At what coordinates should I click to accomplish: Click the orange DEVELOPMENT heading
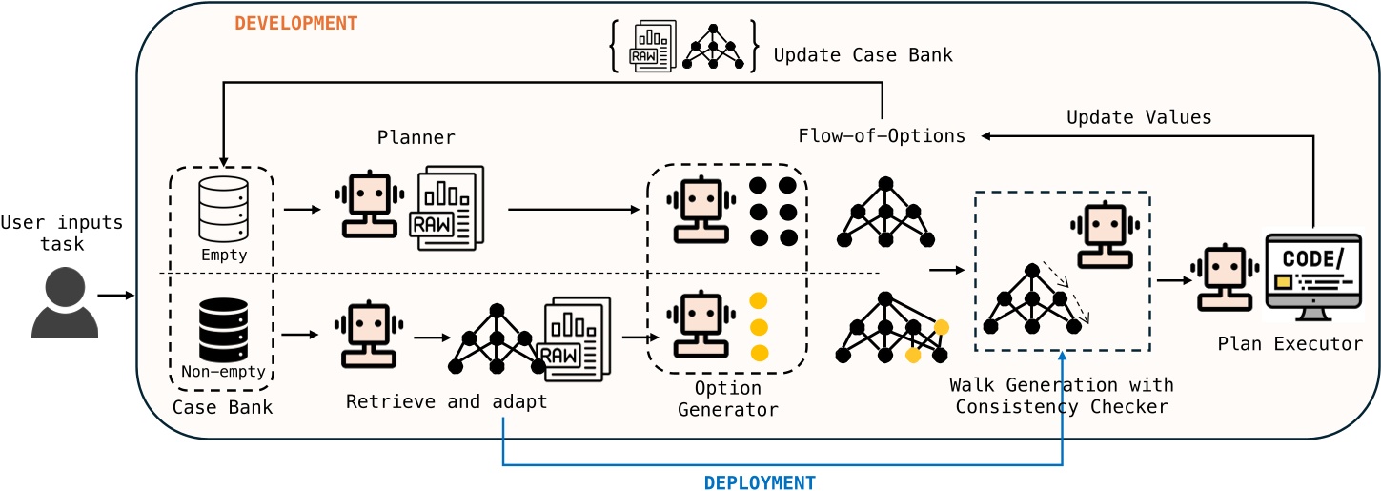(x=295, y=24)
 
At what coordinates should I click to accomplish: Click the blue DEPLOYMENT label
(x=760, y=482)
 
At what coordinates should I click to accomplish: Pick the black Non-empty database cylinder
(x=222, y=329)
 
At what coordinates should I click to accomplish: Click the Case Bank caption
(x=221, y=408)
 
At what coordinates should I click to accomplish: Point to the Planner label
(x=416, y=137)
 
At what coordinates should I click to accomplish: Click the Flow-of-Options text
(x=882, y=135)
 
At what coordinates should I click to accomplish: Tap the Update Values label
(x=1138, y=117)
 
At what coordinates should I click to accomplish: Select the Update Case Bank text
(x=863, y=55)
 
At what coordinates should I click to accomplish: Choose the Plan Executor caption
(x=1290, y=344)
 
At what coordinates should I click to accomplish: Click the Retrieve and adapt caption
(x=446, y=401)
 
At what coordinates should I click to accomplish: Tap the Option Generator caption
(x=727, y=399)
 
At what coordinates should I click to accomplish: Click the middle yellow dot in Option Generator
(x=760, y=327)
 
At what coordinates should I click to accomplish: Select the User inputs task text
(x=62, y=234)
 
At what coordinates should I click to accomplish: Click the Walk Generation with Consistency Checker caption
(x=1062, y=397)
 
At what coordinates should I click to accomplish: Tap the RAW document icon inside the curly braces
(x=653, y=47)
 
